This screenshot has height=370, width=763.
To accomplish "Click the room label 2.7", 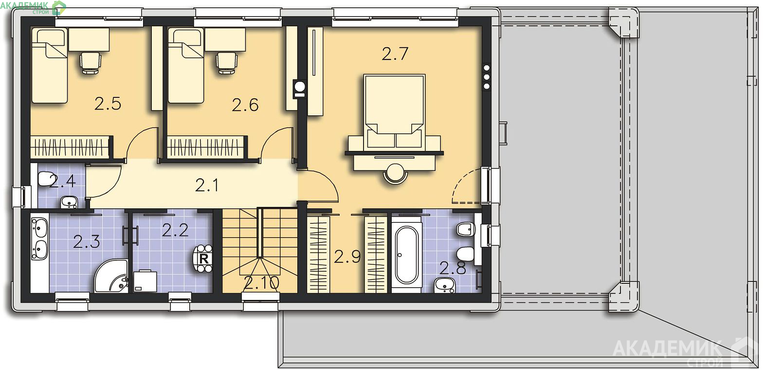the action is (x=395, y=54).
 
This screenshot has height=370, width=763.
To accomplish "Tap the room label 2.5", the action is (x=108, y=104).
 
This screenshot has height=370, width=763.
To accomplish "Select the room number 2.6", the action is (x=245, y=105).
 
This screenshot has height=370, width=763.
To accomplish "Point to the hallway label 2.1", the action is (x=207, y=185).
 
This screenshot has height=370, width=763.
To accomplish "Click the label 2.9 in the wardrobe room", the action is (x=347, y=257).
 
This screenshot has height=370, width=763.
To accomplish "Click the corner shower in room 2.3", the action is (x=111, y=276).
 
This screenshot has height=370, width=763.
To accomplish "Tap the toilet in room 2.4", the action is (x=45, y=179).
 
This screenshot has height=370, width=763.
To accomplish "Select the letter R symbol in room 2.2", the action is (x=203, y=259).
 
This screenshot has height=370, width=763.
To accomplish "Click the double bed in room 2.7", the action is (x=395, y=111).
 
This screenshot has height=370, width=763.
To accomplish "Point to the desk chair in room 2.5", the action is (x=91, y=62).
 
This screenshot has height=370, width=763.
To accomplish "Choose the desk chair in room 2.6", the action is (x=227, y=62).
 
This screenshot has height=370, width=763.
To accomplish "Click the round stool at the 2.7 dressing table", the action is (x=396, y=174).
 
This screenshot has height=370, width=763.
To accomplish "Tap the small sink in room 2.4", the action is (x=69, y=203).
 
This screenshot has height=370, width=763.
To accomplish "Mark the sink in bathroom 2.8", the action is (x=445, y=285).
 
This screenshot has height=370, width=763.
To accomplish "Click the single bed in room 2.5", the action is (x=50, y=65).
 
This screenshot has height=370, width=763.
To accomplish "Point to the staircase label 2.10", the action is (x=261, y=283).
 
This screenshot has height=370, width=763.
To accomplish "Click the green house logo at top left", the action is (x=59, y=7).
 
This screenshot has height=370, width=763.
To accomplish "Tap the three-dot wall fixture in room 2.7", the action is (x=487, y=76).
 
